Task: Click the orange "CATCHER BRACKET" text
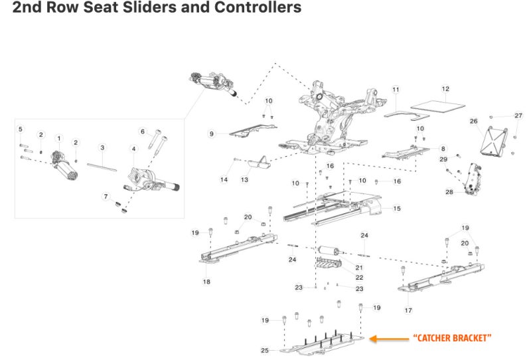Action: coord(452,338)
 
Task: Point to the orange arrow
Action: coord(389,338)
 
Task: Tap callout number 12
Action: coord(445,89)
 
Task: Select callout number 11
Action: coord(396,90)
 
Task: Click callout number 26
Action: coord(473,121)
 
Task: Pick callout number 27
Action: coord(518,116)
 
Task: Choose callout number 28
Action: coord(449,192)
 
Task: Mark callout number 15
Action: coord(397,209)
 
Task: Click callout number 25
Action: coord(265,350)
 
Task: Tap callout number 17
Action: coord(408,310)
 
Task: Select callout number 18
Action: coord(206,282)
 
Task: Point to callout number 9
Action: coord(212,134)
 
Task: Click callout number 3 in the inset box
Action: coord(102,147)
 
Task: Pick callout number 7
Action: coord(106,196)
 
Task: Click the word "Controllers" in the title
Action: coord(258,7)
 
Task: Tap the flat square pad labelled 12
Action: coord(437,106)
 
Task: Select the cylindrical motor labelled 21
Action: coord(329,251)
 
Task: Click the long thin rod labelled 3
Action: coord(102,167)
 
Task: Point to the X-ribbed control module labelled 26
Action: coord(494,141)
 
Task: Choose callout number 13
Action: coord(244,179)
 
